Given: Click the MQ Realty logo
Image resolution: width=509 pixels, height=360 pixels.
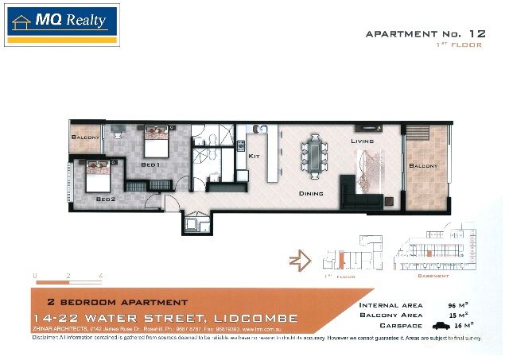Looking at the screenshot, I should (x=61, y=25).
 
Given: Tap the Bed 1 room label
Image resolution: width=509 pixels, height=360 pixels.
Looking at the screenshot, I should (x=150, y=164).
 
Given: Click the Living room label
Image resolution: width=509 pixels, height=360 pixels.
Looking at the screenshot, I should (x=362, y=141).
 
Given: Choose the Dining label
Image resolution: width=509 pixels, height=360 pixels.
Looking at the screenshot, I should (x=310, y=192).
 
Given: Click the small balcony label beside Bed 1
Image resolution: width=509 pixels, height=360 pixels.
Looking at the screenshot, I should (x=86, y=137).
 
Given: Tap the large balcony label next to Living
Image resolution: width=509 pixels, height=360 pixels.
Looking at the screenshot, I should (x=423, y=167).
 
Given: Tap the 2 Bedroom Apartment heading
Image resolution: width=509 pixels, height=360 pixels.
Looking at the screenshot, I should (x=117, y=303).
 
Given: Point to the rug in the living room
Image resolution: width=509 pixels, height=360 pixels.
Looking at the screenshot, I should (x=371, y=174).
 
